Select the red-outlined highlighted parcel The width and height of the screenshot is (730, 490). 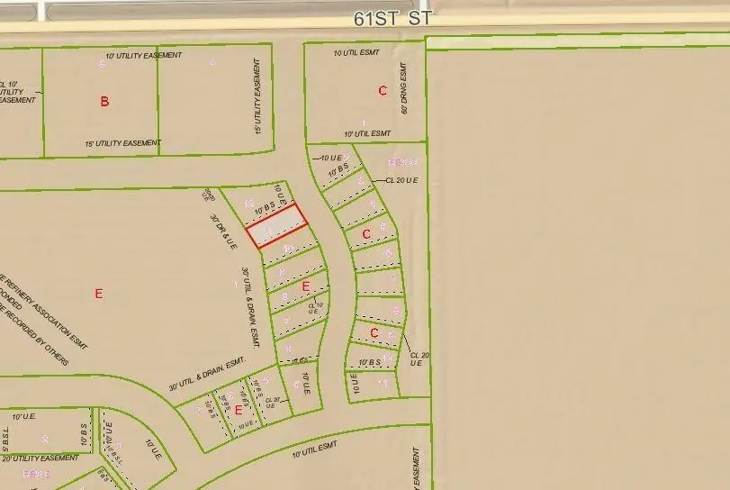(x=277, y=225)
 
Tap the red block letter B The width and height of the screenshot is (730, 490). (x=104, y=102)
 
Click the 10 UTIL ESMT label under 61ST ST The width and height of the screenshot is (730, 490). (x=356, y=53)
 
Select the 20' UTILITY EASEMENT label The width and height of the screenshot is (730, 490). (x=40, y=458)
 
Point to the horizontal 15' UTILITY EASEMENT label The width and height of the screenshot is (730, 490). (x=122, y=143)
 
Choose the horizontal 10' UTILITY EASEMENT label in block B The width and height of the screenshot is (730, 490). (x=143, y=56)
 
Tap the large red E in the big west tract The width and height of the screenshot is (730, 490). (x=99, y=293)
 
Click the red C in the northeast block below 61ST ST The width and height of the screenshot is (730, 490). (x=383, y=90)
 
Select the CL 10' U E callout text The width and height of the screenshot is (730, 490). (x=314, y=307)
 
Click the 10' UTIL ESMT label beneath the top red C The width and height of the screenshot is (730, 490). (x=356, y=132)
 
